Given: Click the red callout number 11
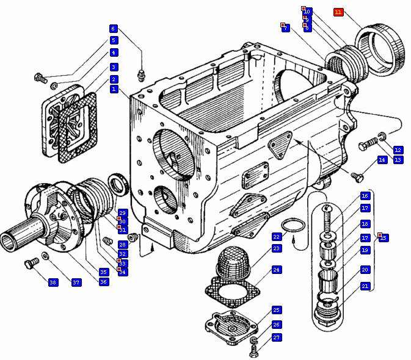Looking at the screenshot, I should [339, 12].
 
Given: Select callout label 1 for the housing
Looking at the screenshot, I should [114, 89].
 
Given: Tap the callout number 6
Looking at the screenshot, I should [113, 29].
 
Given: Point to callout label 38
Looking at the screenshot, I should [53, 283].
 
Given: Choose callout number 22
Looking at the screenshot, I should [276, 237].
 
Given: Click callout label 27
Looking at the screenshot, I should [276, 337].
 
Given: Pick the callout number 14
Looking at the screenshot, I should [382, 160].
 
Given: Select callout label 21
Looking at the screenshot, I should [365, 286].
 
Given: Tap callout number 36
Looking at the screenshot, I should [104, 282].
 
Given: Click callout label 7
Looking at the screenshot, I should [285, 28].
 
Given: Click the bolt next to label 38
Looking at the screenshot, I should [28, 264].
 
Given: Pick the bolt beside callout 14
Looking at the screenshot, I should [358, 176].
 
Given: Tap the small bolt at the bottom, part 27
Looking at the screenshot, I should [255, 350].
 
